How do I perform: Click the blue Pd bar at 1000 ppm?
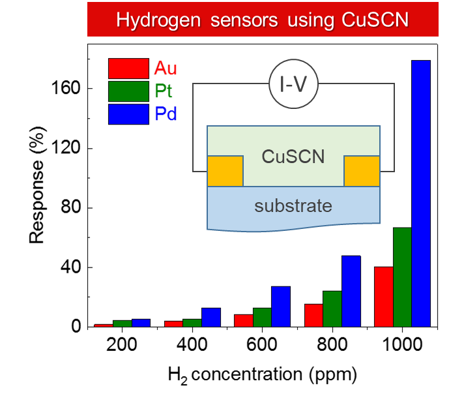coord(421,194)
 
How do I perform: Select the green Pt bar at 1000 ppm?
coord(403,277)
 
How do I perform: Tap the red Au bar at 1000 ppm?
coord(384,297)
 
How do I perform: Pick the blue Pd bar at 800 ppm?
coord(351,291)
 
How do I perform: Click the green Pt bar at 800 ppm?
coord(332,309)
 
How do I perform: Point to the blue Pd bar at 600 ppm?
coord(281,307)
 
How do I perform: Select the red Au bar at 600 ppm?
coord(244,321)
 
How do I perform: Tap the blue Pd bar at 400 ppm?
coord(211,318)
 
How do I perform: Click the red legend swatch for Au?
coord(129,68)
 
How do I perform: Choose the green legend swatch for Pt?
coord(129,91)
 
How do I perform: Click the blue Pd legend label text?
coord(166,114)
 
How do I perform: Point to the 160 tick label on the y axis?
coord(66,88)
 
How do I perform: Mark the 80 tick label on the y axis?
coord(71,207)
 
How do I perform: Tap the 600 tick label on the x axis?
coord(262,344)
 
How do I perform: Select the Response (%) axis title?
coord(38,185)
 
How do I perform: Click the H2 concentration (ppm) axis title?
coord(263,375)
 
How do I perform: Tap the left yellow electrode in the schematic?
coord(225,171)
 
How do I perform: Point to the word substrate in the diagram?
coord(293,206)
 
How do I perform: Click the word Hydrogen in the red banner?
coord(158,20)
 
